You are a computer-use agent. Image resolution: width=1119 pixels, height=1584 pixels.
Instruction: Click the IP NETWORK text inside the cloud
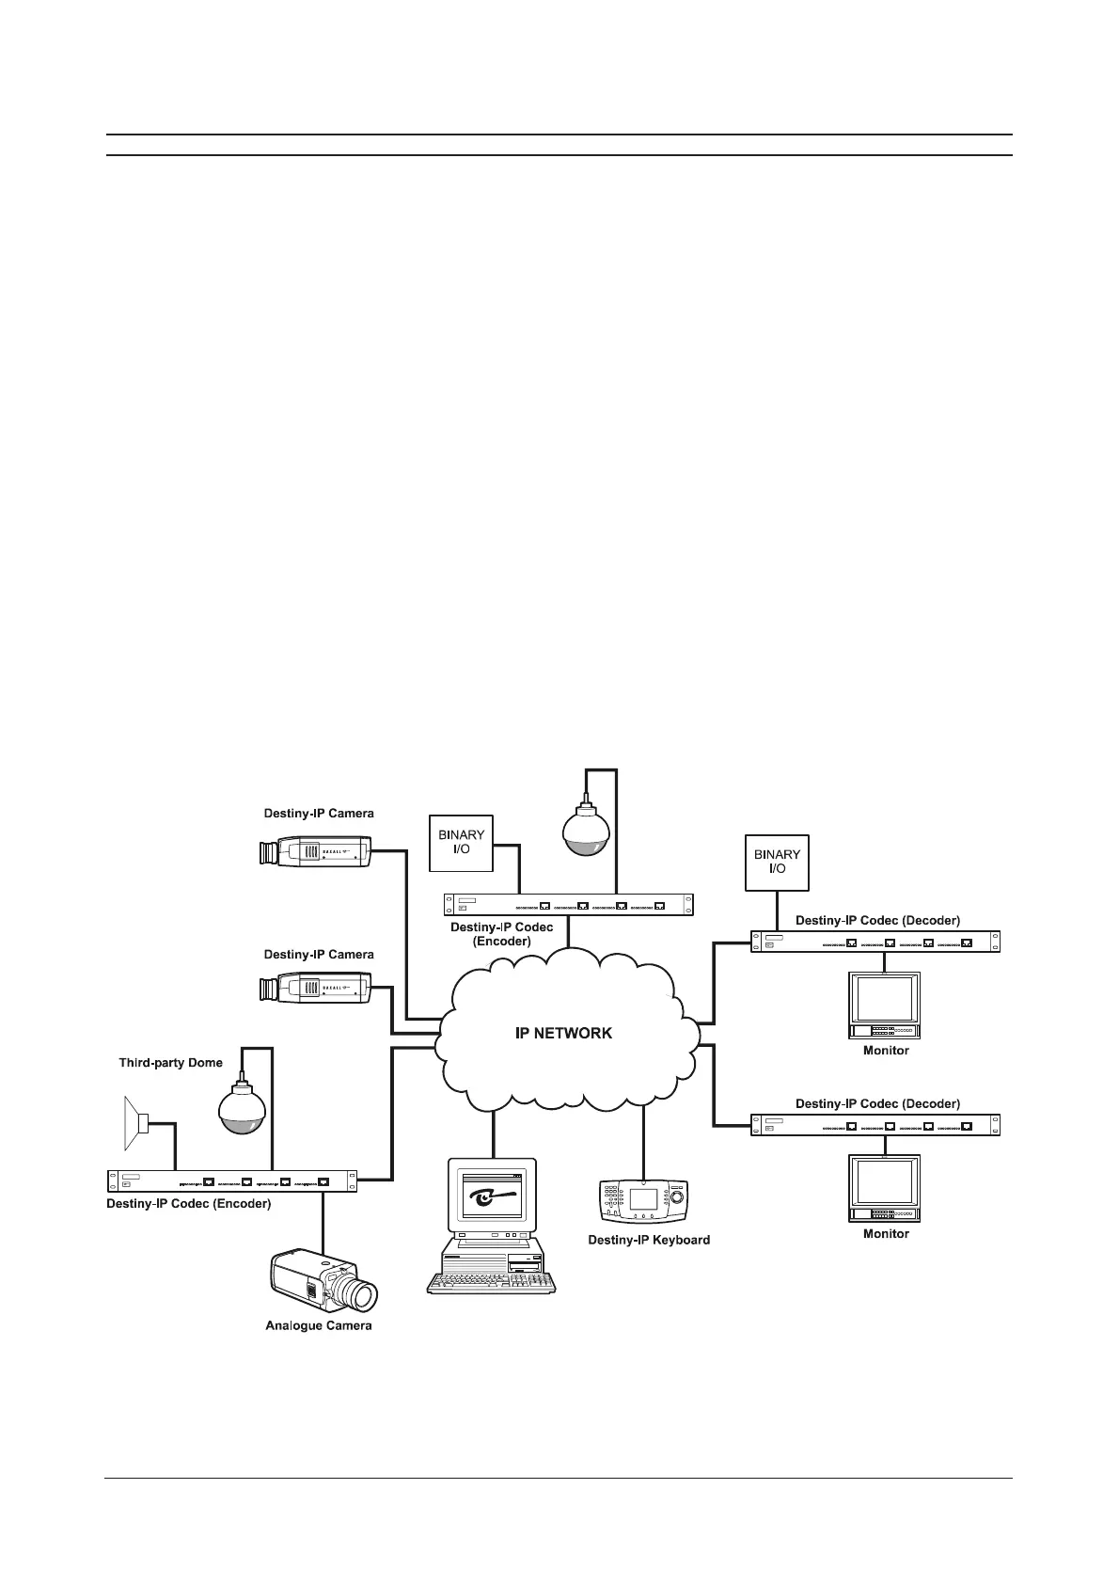pos(563,1033)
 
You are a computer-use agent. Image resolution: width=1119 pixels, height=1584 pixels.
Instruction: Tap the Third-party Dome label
pos(170,1063)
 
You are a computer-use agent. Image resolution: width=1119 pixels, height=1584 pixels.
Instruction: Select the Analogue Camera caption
pos(318,1325)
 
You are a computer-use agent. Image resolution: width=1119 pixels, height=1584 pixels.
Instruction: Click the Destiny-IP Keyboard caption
pos(649,1240)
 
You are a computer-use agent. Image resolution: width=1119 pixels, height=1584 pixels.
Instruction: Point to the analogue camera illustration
pos(323,1281)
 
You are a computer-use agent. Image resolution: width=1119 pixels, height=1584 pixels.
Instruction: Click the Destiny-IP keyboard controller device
pos(644,1201)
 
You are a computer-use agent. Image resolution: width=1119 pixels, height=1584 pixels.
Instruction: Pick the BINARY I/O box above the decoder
pos(777,862)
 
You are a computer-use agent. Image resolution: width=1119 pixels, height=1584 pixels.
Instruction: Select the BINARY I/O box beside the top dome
pos(461,843)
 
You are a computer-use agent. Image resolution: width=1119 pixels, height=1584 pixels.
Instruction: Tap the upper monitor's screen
pos(884,998)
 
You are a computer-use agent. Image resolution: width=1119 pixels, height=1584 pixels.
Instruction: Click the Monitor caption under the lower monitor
pos(886,1233)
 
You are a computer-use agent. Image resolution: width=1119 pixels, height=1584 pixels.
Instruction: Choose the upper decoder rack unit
pos(875,942)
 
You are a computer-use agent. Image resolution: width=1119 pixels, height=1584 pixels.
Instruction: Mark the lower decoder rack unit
pos(875,1125)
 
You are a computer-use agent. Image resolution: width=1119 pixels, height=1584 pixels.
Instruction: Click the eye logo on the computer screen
pos(491,1198)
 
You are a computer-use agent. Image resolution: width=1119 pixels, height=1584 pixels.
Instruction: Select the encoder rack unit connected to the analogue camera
pos(232,1180)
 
